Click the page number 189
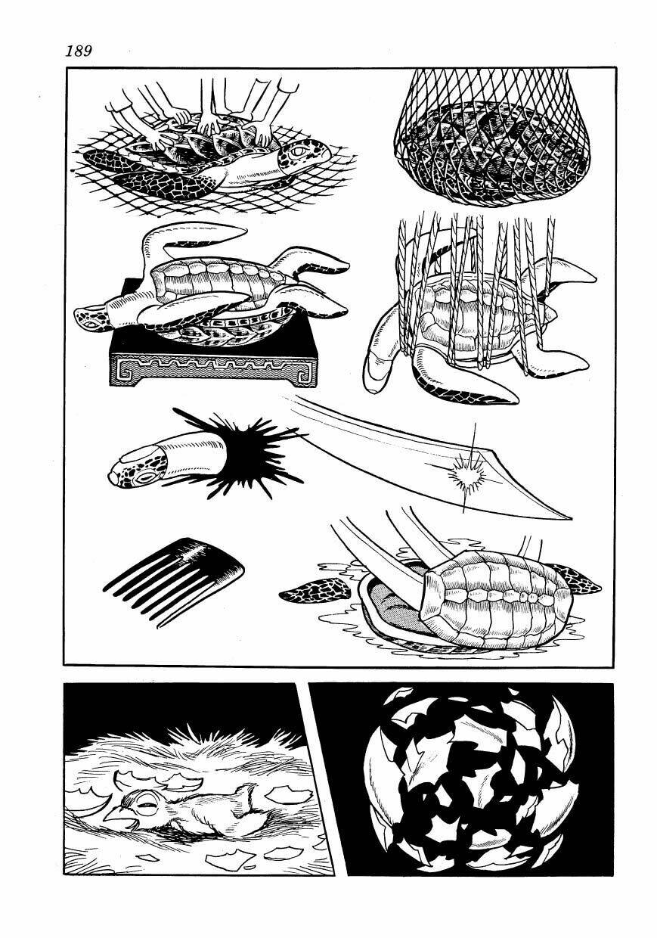(78, 51)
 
